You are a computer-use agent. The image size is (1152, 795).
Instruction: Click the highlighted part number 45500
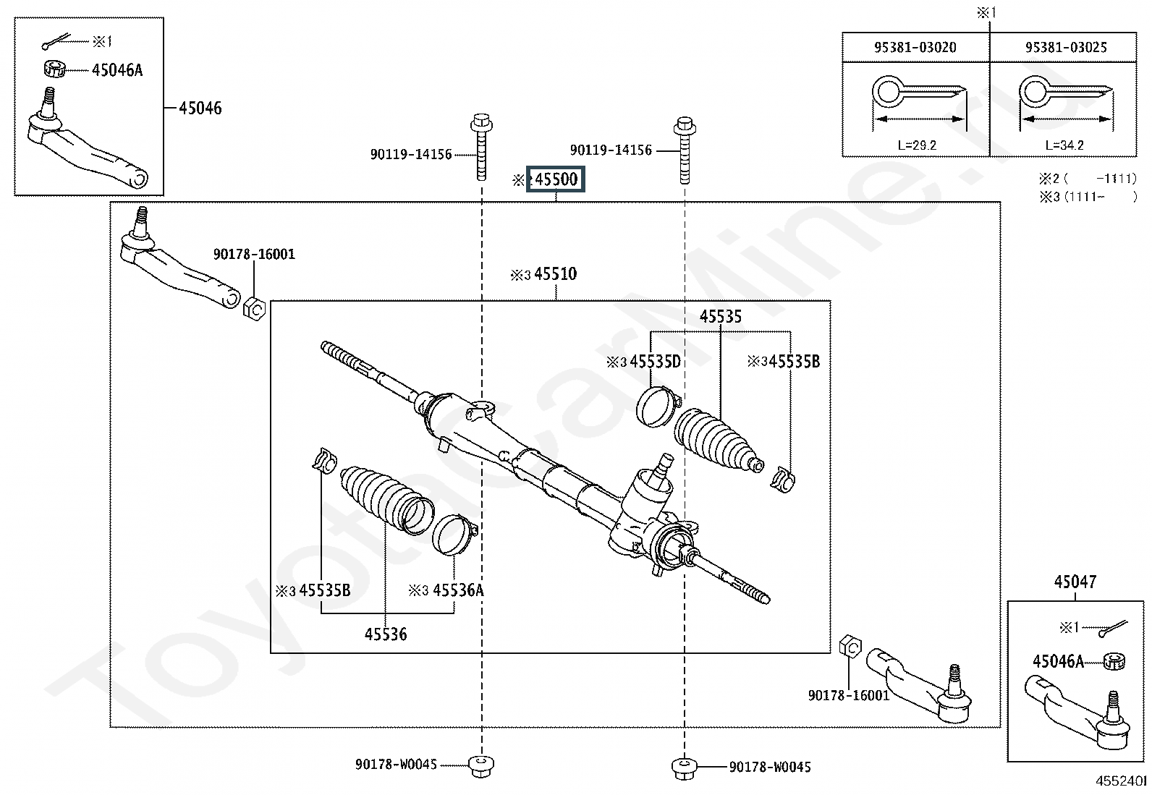tap(556, 179)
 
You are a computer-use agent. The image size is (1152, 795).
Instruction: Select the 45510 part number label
tap(556, 273)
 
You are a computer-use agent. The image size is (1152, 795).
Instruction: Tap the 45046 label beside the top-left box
tap(200, 108)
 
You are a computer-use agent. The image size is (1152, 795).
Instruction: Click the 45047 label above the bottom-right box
tap(1075, 582)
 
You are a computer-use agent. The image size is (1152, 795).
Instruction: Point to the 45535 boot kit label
tap(721, 316)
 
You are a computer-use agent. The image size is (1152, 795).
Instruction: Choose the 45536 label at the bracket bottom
tap(386, 634)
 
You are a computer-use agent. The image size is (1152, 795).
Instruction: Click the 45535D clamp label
tap(655, 362)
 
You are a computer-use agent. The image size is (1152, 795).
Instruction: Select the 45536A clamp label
tap(458, 590)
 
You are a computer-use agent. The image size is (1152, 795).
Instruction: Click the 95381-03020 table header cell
tap(915, 47)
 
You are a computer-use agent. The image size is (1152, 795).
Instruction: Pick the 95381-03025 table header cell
tap(1066, 47)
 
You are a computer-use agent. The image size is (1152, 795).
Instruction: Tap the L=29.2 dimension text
tap(917, 145)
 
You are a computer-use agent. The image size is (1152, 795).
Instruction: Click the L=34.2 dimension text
tap(1064, 145)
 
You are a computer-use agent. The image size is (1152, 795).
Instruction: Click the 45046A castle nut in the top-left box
tap(54, 69)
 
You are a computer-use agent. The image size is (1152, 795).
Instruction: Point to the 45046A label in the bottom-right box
tap(1058, 660)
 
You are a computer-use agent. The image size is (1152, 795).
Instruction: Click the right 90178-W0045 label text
tap(770, 767)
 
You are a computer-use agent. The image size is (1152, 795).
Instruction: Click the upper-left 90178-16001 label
tap(254, 254)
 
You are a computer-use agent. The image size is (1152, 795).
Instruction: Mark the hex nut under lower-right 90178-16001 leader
tap(850, 647)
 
